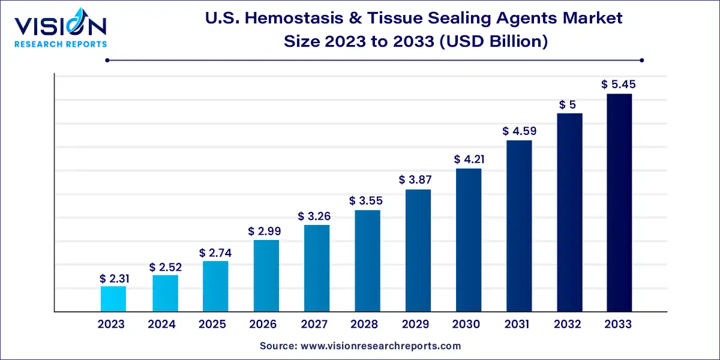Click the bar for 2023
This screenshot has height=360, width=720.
coord(113,299)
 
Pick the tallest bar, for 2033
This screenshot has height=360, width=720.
coord(619,203)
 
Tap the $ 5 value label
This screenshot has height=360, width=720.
coord(568,104)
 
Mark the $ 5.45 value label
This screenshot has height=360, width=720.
coord(619,85)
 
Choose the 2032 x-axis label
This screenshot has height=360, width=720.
coord(568,325)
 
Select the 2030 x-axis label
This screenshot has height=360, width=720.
coord(466,325)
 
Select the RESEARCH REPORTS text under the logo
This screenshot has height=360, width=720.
coord(60,44)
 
